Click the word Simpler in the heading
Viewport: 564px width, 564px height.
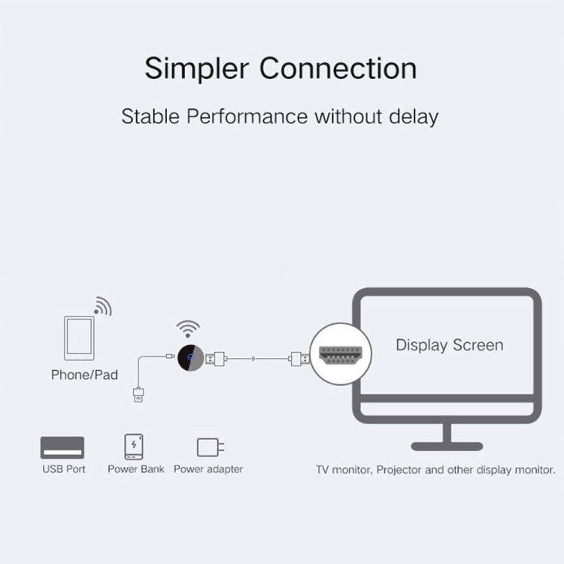(197, 68)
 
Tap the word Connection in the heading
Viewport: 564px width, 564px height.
(338, 68)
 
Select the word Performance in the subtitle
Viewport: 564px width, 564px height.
(247, 117)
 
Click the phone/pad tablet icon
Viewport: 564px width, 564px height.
(79, 338)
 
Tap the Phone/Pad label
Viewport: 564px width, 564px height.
(84, 374)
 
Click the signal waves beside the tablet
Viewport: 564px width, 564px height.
(103, 306)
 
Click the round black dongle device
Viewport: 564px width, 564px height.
(191, 358)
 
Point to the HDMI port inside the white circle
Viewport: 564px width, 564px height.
(340, 355)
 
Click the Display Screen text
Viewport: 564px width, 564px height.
(449, 345)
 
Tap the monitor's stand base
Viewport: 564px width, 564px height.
(447, 447)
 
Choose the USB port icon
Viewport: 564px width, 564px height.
(62, 447)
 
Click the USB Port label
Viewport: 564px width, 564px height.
(64, 469)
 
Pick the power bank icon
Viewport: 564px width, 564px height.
(134, 447)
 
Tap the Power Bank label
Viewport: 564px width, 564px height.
(136, 469)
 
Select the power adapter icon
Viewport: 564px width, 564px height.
(211, 447)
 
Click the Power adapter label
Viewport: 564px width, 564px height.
(208, 469)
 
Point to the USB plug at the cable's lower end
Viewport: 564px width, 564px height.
(138, 395)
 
